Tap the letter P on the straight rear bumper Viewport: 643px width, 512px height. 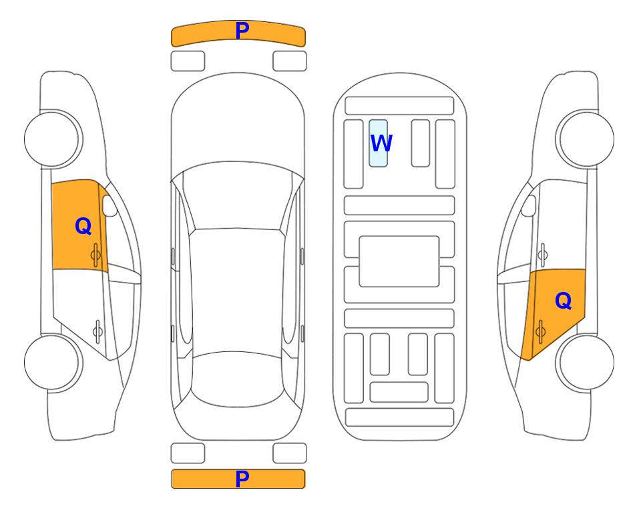tap(242, 479)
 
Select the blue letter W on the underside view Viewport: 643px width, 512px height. tap(381, 143)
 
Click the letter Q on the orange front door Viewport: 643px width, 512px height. tap(83, 226)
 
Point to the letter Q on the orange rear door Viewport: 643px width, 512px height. tap(563, 301)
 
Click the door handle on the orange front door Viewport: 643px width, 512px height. tap(95, 255)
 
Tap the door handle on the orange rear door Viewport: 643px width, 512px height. tap(540, 331)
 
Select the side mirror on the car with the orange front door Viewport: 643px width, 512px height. tap(109, 205)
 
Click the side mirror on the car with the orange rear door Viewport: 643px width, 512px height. tap(529, 205)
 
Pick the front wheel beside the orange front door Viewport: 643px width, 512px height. tap(53, 139)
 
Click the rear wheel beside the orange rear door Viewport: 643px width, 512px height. tap(585, 362)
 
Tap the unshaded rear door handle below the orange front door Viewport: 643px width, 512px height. tap(97, 331)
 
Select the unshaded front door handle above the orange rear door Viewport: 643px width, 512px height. tap(543, 255)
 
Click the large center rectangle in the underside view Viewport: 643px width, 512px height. tap(399, 261)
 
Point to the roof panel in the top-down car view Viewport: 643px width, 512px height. tap(236, 291)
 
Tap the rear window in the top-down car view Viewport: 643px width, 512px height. tap(238, 379)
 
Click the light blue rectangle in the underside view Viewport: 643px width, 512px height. tap(378, 143)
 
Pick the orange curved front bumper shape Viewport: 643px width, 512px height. tap(238, 33)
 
